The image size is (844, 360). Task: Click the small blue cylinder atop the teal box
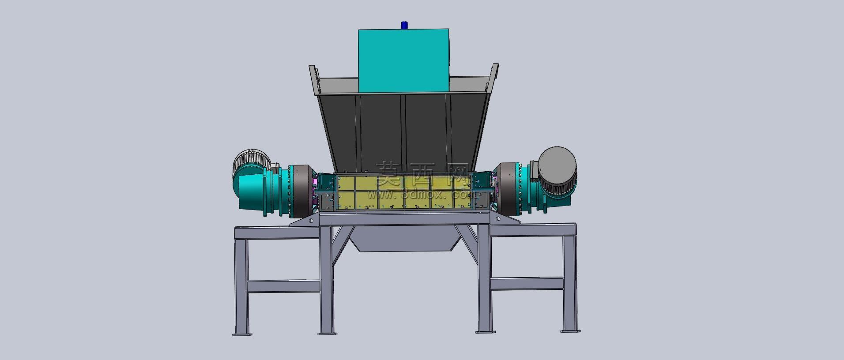404,25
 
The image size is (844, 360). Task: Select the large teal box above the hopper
403,61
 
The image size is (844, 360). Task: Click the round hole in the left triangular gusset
311,220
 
